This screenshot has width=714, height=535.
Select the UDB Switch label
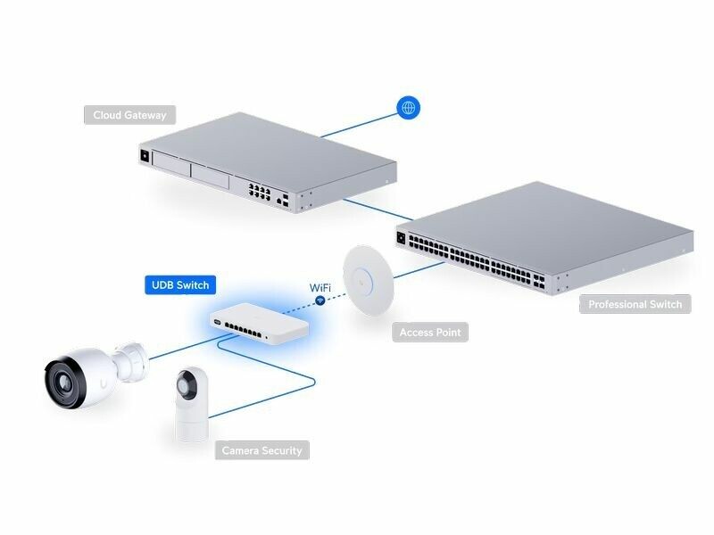180,285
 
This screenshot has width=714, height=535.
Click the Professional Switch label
635,304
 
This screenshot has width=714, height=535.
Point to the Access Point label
429,333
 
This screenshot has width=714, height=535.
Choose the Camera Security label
262,450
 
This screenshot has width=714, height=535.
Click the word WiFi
321,287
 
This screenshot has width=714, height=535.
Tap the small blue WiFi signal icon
320,302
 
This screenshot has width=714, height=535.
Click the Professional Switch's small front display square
403,237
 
